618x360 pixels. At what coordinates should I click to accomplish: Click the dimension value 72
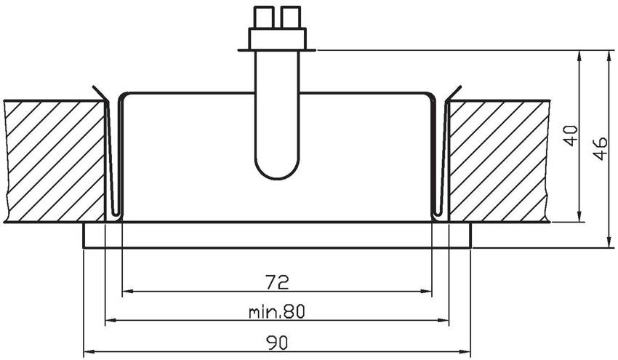(278, 282)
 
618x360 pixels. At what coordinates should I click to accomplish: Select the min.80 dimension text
(277, 312)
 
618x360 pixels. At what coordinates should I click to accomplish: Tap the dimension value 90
(277, 343)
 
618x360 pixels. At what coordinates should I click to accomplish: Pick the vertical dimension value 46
(601, 148)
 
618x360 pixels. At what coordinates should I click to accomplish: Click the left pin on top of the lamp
(264, 17)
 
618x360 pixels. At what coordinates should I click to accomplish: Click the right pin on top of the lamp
(291, 17)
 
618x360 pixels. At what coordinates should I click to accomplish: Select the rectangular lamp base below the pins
(278, 39)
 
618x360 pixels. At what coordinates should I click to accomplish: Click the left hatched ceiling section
(55, 161)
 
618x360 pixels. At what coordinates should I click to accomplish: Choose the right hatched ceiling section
(498, 161)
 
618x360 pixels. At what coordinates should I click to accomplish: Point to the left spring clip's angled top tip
(93, 87)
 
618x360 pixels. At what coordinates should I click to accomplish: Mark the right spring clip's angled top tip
(460, 87)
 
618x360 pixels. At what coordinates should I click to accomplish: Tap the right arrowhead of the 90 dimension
(466, 351)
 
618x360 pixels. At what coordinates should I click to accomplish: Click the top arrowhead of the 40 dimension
(579, 55)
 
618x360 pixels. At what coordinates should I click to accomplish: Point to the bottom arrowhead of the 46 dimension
(611, 244)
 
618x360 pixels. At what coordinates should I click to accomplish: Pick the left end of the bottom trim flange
(83, 236)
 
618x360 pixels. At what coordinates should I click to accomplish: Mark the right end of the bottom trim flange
(471, 236)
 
